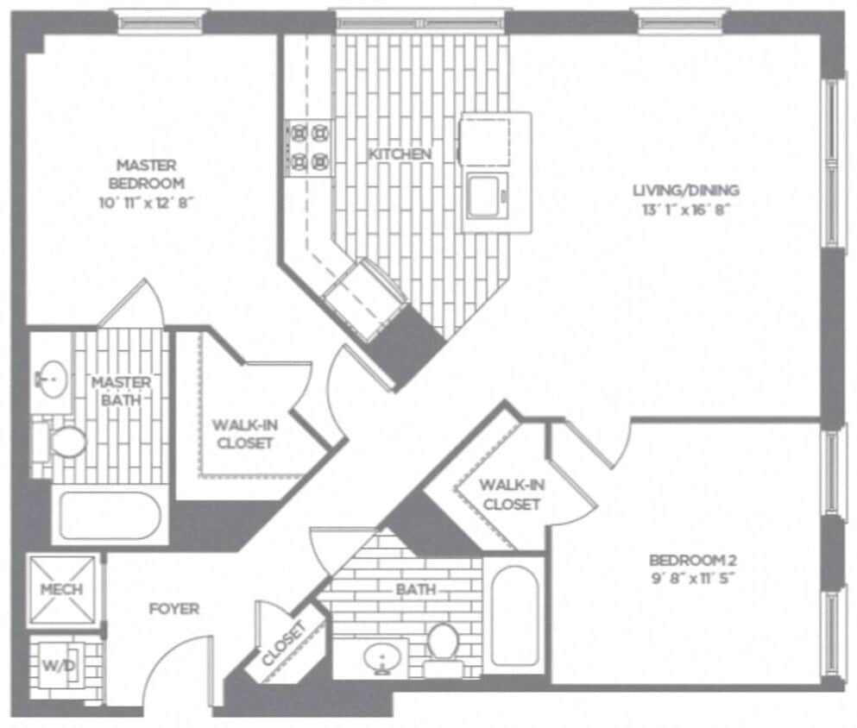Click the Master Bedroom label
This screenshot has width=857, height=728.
point(146,173)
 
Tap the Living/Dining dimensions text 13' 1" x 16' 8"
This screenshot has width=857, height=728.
point(686,210)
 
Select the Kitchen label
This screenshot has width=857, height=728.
point(400,154)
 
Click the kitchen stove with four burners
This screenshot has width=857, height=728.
point(310,147)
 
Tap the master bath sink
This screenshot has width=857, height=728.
point(54,377)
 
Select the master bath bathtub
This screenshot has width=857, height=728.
point(109,515)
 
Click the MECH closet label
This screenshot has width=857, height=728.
point(62,589)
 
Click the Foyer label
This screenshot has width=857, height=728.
point(173,609)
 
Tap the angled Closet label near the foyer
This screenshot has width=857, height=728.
point(285,643)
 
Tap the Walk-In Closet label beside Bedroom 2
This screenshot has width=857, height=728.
point(511,494)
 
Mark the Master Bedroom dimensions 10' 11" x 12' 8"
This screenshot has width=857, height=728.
point(146,202)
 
